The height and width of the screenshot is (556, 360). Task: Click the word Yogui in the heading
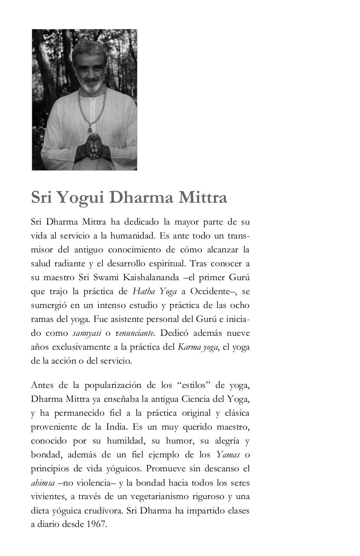(81, 198)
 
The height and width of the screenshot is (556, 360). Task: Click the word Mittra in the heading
(203, 198)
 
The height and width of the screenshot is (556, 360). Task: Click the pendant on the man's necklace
(90, 128)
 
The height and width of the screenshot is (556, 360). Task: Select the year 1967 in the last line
(96, 524)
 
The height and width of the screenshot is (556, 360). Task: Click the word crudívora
(105, 510)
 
